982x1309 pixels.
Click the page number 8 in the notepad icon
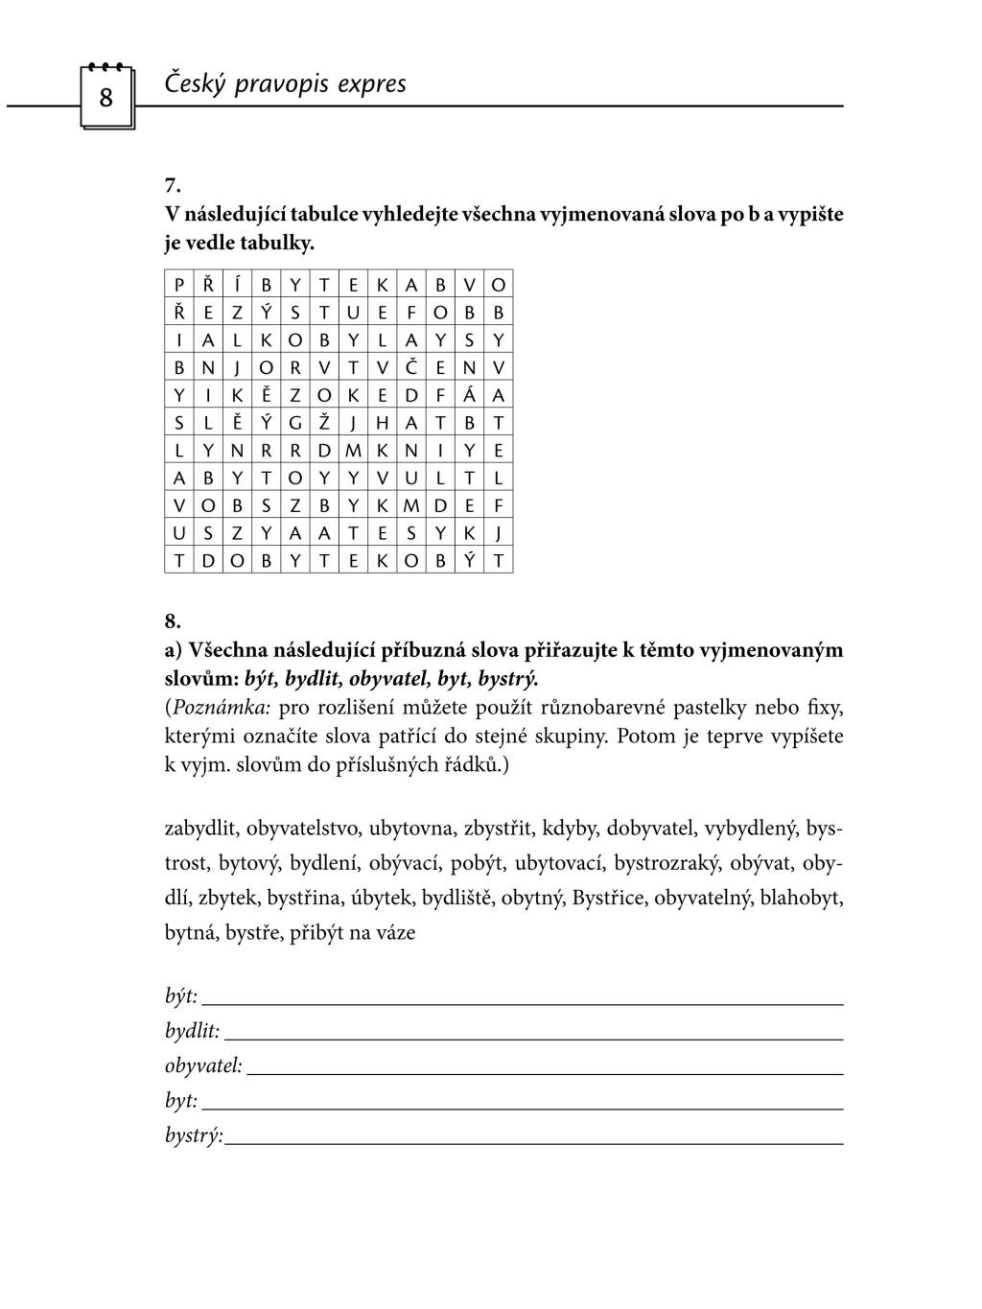105,97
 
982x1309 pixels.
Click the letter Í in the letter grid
237,285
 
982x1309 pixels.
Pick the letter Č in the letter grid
410,368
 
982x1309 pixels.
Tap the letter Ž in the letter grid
324,423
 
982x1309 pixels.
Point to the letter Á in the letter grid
470,395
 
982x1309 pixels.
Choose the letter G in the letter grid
295,423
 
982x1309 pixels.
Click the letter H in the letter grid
382,423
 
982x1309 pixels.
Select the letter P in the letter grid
178,285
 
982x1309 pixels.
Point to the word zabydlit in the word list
202,829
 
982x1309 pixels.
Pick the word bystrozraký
666,863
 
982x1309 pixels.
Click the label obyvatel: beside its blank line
203,1065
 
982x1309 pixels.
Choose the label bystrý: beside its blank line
194,1136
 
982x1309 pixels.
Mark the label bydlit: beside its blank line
192,1031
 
